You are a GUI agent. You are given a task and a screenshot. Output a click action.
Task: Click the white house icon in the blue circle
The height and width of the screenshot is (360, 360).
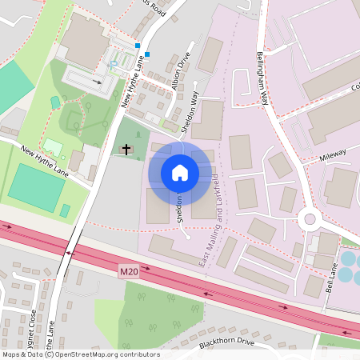(180, 173)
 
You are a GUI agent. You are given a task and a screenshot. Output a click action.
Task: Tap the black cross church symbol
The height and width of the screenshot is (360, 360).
(126, 148)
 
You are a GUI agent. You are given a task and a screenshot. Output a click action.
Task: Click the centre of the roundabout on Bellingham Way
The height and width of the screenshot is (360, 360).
(307, 218)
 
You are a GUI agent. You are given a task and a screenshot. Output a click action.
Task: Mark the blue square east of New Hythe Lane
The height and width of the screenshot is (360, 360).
(147, 55)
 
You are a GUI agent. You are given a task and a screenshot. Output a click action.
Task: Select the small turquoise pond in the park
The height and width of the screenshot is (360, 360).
(54, 102)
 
